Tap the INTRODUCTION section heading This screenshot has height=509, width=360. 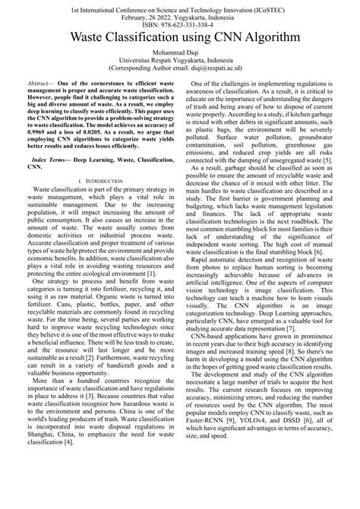click(100, 201)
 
